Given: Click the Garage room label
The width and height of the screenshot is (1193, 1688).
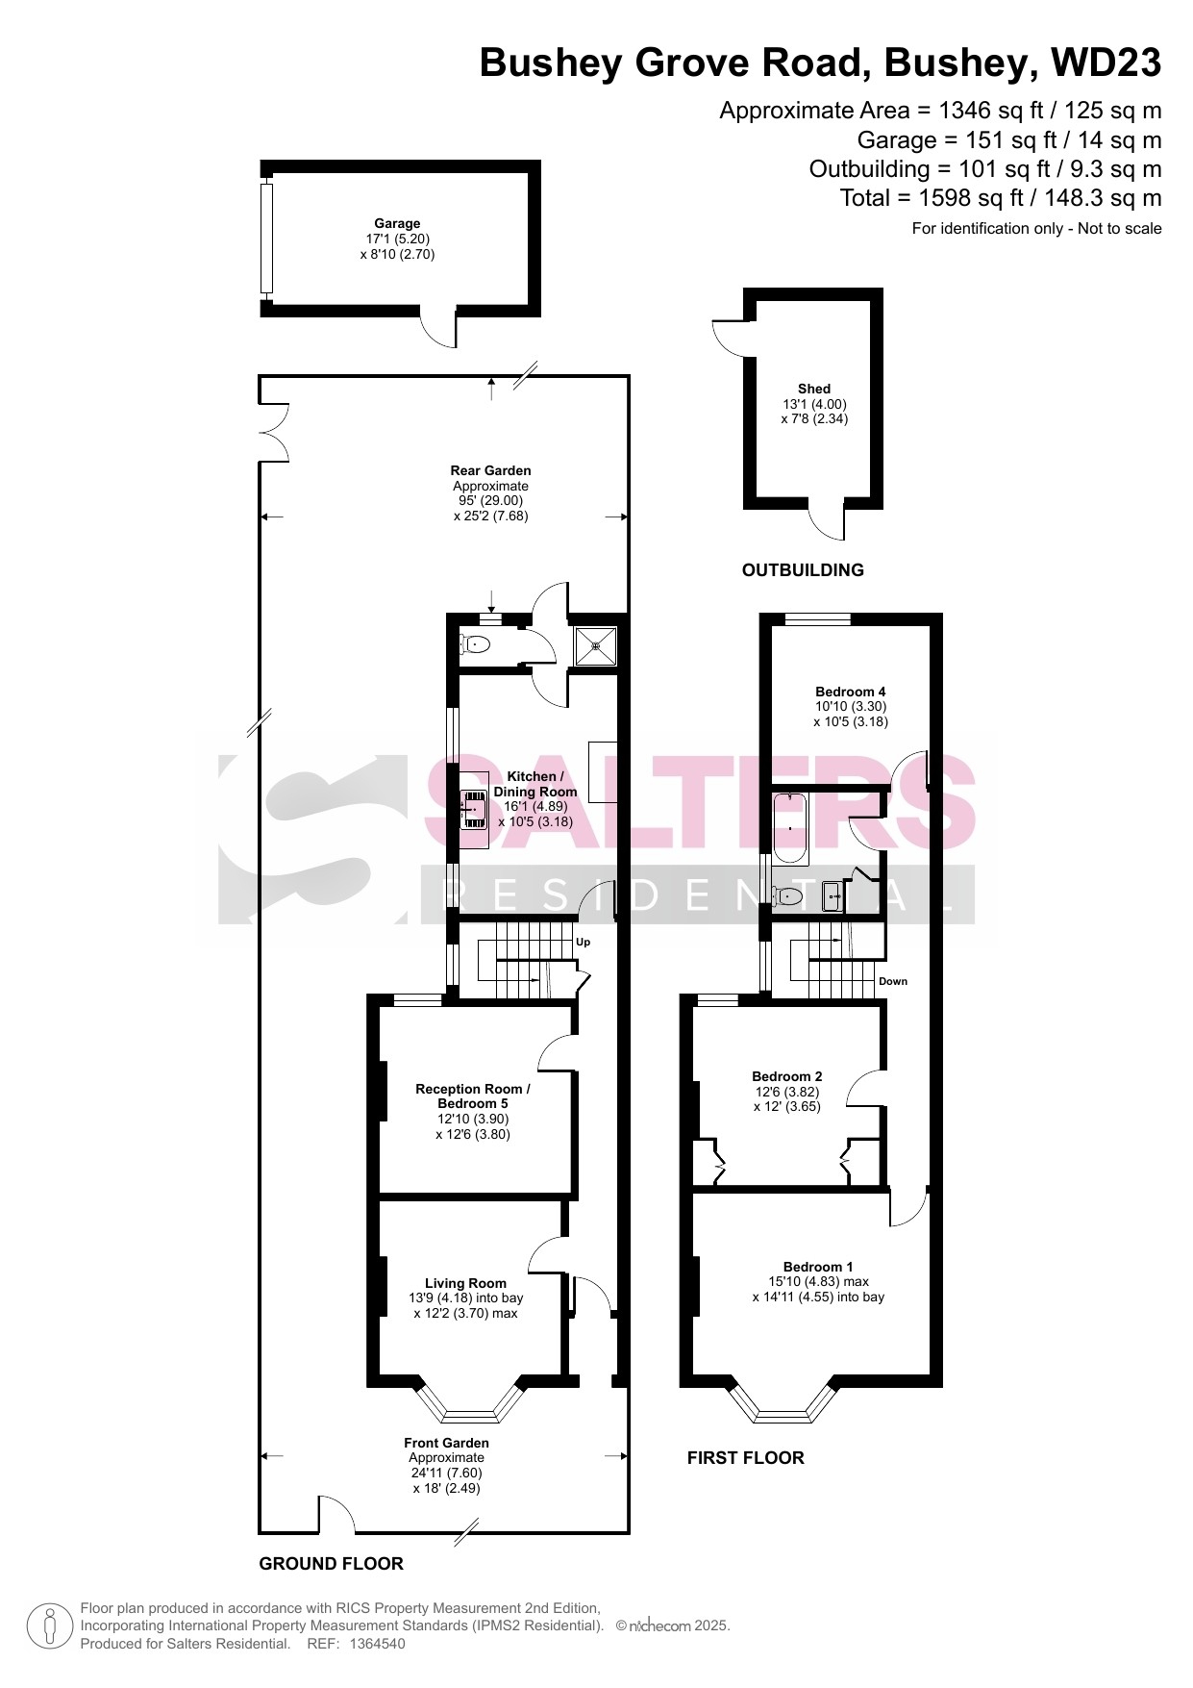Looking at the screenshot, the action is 397,224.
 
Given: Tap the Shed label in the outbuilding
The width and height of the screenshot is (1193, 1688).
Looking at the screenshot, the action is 814,390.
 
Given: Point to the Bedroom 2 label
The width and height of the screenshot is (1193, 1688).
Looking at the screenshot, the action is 787,1076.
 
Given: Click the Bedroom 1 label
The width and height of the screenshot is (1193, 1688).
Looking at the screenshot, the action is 818,1267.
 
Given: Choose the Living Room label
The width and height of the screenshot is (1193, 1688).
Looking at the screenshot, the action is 465,1283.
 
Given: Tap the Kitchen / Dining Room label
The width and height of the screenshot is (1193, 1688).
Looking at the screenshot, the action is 535,784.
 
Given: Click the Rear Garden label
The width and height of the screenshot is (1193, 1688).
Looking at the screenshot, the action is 491,471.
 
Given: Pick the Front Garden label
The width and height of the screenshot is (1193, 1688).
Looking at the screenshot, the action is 446,1443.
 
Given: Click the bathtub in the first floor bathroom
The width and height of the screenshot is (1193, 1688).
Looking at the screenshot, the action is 790,827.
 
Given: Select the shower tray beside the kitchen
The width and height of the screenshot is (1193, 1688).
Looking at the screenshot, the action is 596,645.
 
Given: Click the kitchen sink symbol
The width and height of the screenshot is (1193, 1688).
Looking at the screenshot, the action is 474,809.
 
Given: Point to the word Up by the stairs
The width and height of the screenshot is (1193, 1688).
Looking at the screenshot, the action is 583,943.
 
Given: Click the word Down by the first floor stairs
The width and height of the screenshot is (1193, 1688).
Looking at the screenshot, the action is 893,981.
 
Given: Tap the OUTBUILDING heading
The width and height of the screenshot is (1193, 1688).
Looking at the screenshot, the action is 803,570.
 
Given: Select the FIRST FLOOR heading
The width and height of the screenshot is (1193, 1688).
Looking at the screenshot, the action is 745,1458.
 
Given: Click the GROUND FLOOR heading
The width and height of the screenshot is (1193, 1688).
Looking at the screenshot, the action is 331,1564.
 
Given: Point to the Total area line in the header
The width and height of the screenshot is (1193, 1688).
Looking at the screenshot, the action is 1001,198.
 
